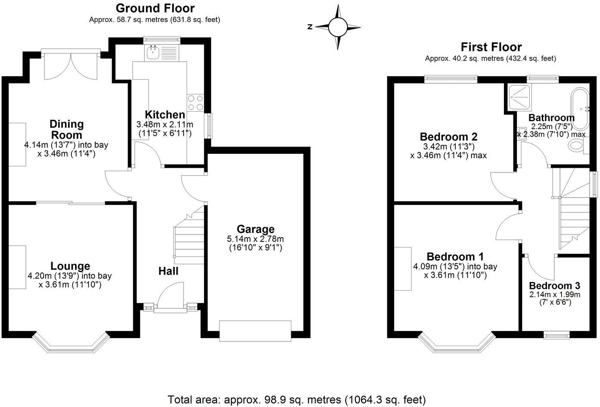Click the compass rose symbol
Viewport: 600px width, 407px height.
point(338,27)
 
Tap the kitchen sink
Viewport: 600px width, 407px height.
point(153,53)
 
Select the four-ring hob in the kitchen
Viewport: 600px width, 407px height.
point(195,102)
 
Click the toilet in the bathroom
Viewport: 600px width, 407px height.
point(578,146)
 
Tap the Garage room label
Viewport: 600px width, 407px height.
point(255,229)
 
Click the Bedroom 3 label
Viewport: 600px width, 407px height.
point(554,285)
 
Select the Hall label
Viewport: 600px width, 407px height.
point(168,271)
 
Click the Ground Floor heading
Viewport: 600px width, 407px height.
point(155,8)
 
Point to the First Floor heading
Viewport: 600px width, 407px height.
point(491,47)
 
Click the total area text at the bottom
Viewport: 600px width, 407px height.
point(297,399)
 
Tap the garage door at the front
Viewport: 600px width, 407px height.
point(255,331)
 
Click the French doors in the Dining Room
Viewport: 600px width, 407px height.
point(72,65)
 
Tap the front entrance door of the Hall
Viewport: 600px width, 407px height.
point(170,296)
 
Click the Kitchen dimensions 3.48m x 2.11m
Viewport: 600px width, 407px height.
point(165,125)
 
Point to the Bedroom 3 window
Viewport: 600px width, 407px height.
point(556,335)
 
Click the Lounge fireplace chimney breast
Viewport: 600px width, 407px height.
point(17,267)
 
